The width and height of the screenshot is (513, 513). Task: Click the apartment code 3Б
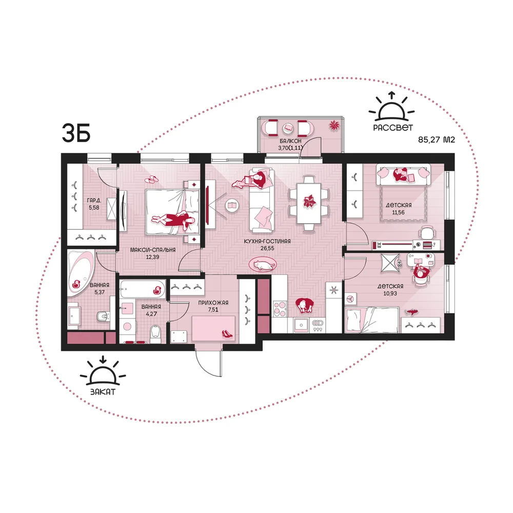[76, 133]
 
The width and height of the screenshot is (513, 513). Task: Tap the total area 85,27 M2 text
[437, 140]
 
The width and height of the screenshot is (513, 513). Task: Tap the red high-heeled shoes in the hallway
[227, 333]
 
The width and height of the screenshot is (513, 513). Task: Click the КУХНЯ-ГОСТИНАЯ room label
[267, 242]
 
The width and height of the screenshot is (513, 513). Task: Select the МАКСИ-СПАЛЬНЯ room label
[153, 250]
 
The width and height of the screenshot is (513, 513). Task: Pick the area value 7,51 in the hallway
[213, 309]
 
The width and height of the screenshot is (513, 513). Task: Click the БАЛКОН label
[290, 141]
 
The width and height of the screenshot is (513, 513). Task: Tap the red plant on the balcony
[334, 125]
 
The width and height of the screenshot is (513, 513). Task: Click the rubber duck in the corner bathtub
[76, 284]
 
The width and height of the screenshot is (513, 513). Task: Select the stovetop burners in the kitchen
[280, 309]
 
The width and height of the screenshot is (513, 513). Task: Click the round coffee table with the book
[232, 206]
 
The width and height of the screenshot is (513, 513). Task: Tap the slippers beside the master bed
[152, 179]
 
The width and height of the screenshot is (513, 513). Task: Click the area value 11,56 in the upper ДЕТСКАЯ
[398, 212]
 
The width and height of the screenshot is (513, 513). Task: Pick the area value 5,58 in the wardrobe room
[94, 207]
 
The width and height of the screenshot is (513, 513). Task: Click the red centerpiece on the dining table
[308, 201]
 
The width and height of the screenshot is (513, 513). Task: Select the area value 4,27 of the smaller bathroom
[151, 314]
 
